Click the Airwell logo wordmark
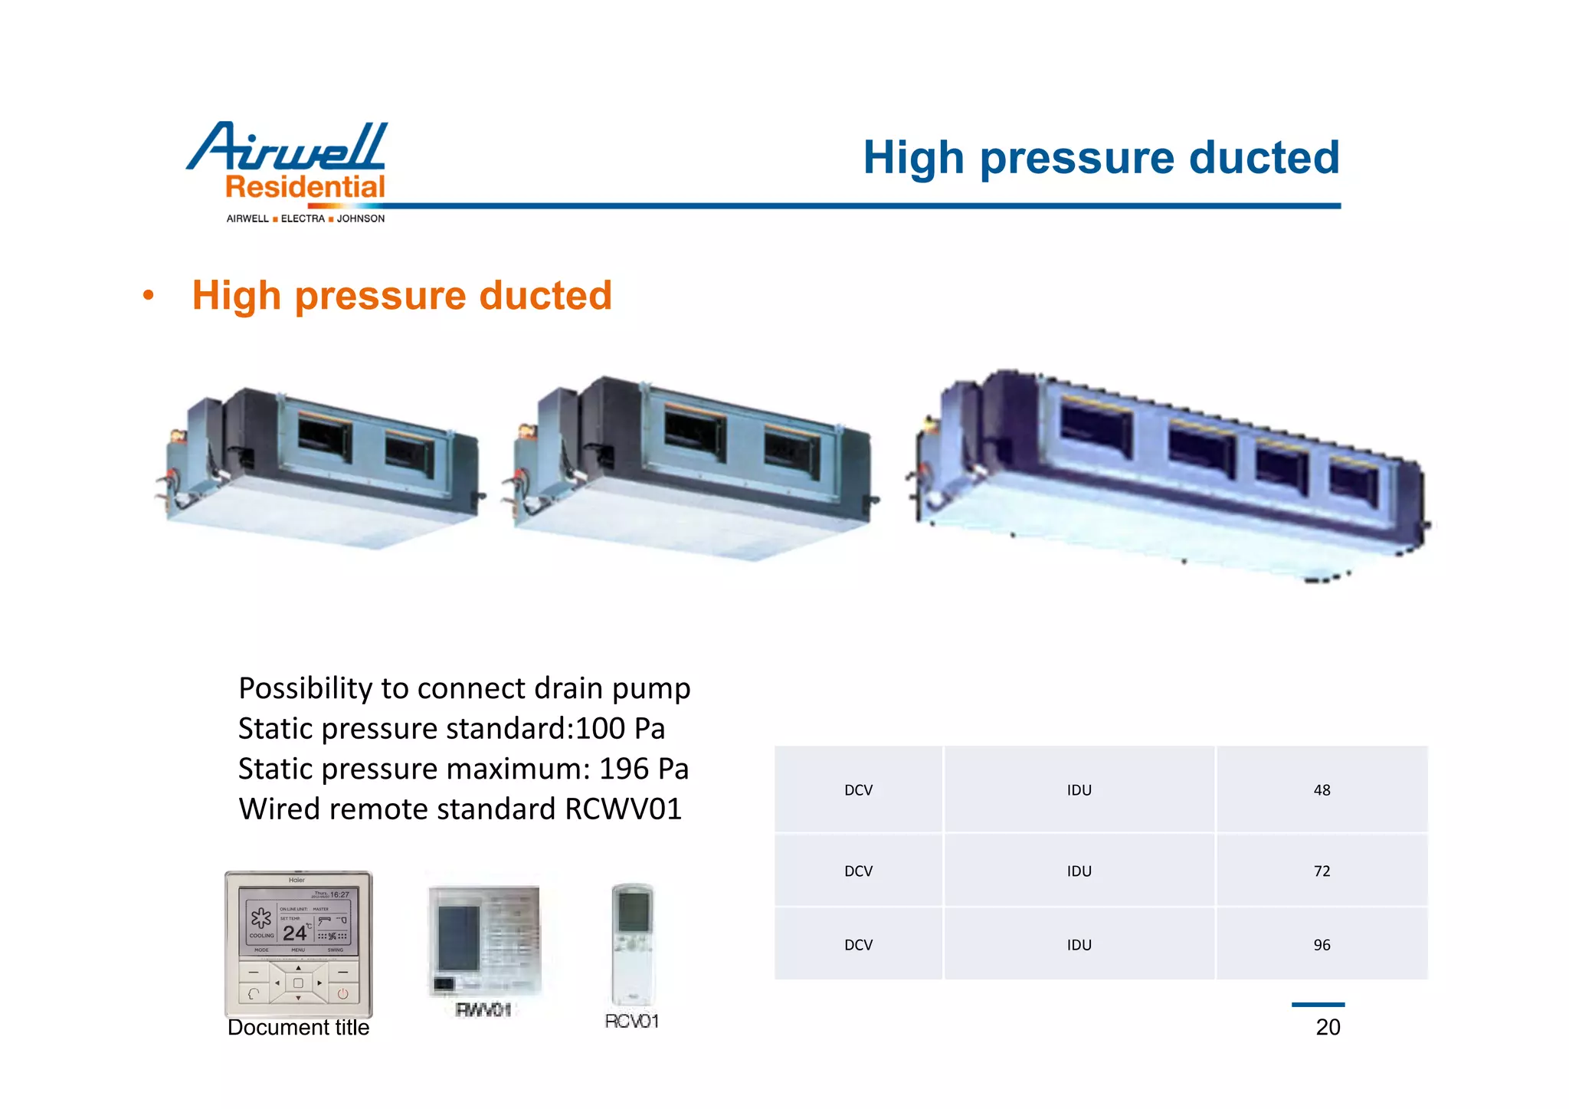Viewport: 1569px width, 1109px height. click(287, 147)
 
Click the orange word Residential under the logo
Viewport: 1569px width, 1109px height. click(305, 187)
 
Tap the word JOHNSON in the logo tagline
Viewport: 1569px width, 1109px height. click(361, 218)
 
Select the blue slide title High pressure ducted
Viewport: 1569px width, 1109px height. click(1101, 158)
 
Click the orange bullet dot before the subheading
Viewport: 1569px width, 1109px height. click(149, 296)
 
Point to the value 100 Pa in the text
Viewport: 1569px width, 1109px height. click(621, 728)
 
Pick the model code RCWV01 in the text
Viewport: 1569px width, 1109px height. click(623, 809)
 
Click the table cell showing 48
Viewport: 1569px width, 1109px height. click(1322, 790)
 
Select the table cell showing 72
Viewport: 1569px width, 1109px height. click(1322, 871)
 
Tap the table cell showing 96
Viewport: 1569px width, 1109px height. click(1322, 945)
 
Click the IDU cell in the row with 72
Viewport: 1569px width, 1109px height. click(1079, 871)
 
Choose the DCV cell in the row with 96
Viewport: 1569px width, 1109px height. click(858, 945)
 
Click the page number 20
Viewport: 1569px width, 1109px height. click(1328, 1027)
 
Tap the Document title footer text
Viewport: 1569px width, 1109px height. click(298, 1028)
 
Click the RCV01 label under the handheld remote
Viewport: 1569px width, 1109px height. click(631, 1021)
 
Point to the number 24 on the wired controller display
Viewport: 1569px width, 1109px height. click(294, 933)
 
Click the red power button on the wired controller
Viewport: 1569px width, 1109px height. click(342, 994)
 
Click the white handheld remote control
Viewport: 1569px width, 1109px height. click(632, 943)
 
